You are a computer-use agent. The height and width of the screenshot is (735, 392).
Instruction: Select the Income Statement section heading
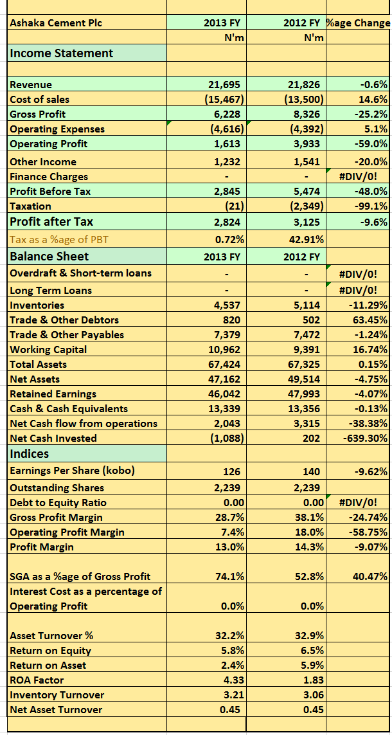[61, 53]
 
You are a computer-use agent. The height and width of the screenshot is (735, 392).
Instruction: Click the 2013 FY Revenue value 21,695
[226, 85]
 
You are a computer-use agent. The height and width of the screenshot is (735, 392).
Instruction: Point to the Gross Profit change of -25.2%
[373, 114]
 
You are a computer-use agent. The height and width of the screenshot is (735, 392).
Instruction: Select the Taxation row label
[31, 206]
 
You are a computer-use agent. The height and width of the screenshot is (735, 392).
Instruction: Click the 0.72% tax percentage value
[228, 240]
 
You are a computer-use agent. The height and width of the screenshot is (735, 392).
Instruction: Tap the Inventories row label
[37, 305]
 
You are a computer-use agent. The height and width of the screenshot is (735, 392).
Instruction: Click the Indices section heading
[30, 454]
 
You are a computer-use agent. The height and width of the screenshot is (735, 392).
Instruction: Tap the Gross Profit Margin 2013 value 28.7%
[229, 518]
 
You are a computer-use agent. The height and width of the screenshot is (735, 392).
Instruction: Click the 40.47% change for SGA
[371, 577]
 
